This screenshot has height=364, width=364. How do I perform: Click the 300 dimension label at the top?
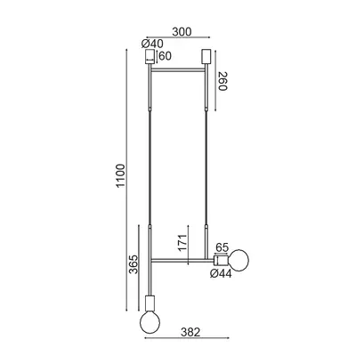[x=182, y=32]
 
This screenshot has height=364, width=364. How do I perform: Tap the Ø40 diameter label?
[x=152, y=44]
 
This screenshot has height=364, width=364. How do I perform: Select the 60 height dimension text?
[x=166, y=56]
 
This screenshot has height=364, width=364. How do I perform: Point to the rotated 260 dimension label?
[x=222, y=81]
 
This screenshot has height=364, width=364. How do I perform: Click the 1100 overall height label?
[x=121, y=175]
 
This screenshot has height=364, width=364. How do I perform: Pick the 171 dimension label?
[x=182, y=243]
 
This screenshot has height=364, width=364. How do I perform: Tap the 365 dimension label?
[x=133, y=264]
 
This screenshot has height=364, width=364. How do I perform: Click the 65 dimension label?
[x=222, y=247]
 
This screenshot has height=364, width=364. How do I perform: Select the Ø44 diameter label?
[x=221, y=273]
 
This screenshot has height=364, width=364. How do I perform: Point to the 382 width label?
[x=190, y=332]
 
